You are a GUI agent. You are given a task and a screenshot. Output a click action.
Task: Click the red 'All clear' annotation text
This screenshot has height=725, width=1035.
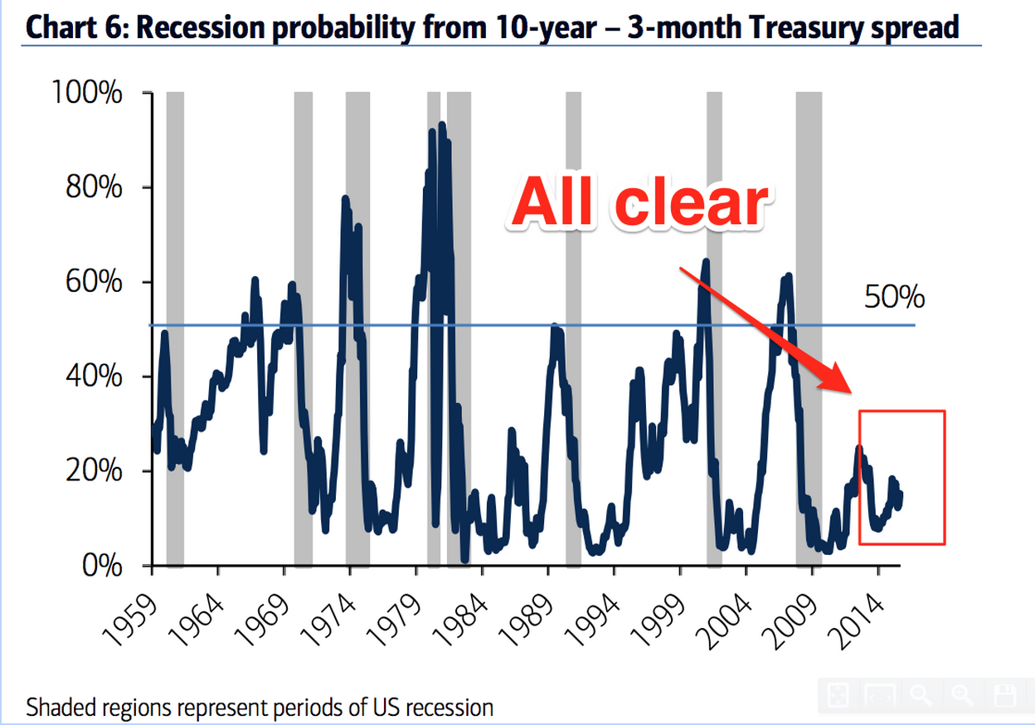pyautogui.click(x=638, y=202)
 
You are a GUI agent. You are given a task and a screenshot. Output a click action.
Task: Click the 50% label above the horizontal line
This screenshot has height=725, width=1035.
pyautogui.click(x=894, y=297)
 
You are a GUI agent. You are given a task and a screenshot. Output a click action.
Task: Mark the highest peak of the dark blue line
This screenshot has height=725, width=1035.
pyautogui.click(x=442, y=125)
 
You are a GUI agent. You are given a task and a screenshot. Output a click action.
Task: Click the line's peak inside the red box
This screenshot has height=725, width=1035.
pyautogui.click(x=859, y=449)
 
